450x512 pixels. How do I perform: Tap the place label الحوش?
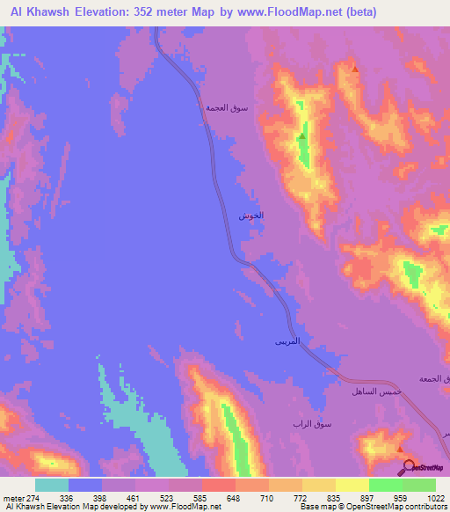[x=250, y=216]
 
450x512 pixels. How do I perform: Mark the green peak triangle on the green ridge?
[x=301, y=136]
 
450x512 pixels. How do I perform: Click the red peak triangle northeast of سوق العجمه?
[x=355, y=69]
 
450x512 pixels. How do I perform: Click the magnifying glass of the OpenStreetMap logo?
[x=406, y=466]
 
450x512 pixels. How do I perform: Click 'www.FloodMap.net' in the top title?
[x=284, y=11]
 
